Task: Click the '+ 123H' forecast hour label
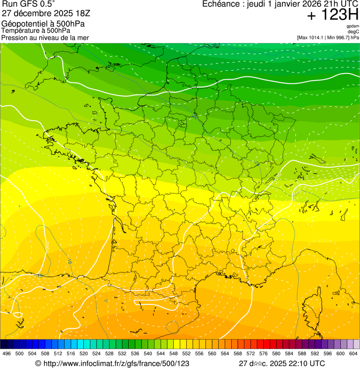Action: click(332, 15)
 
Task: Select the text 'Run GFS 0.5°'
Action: click(29, 4)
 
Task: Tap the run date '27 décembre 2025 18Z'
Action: click(46, 13)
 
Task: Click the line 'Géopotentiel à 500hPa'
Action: click(45, 24)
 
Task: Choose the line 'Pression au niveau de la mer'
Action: click(45, 37)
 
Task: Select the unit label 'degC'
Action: click(353, 32)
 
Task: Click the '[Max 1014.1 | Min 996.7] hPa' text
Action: click(328, 37)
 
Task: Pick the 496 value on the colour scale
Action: click(7, 353)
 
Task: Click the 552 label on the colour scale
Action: click(186, 353)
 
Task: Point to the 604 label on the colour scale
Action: click(353, 353)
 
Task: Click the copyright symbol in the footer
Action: click(38, 363)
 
